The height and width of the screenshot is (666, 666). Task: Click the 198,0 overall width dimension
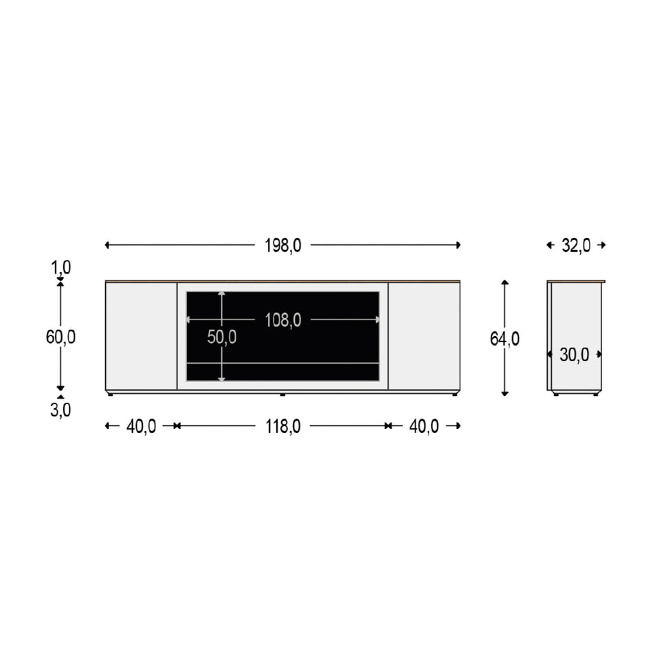(283, 245)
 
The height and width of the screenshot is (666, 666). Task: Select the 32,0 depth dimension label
(576, 245)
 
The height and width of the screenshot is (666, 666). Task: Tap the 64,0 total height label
(504, 339)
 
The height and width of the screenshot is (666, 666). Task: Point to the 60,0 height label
(60, 337)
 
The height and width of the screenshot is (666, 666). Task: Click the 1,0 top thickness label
(60, 267)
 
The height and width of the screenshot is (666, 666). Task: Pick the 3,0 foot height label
(60, 410)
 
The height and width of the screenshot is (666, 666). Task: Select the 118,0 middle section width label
(283, 426)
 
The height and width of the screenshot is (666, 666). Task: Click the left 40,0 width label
(141, 426)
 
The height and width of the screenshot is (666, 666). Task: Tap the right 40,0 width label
(423, 426)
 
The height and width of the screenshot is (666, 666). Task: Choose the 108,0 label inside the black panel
(283, 320)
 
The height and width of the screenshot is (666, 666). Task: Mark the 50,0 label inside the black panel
(222, 337)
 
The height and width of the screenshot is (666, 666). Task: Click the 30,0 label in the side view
(574, 355)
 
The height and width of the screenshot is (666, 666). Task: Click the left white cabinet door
(141, 336)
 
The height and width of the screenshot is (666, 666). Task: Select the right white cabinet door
(424, 336)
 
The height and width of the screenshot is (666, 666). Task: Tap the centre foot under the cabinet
(282, 395)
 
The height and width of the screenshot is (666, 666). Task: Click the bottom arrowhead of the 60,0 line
(60, 388)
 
